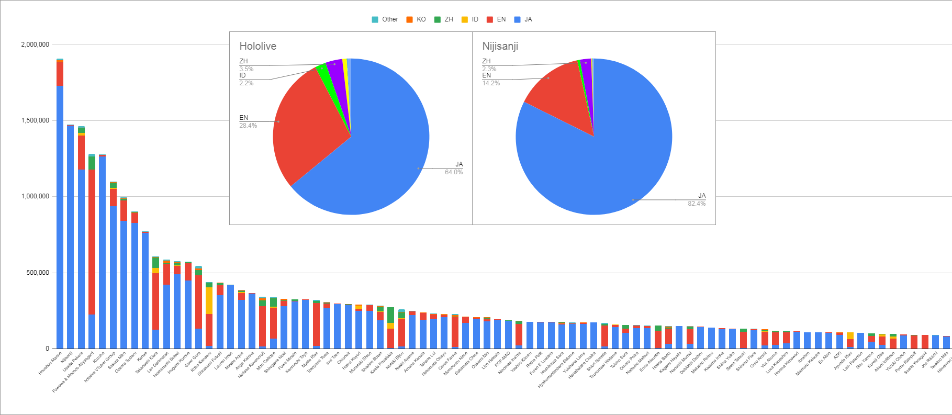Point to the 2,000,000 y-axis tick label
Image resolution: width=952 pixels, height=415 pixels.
point(35,44)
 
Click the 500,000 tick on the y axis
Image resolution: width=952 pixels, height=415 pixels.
point(39,273)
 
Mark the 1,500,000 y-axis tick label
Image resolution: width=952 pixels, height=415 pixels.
point(35,120)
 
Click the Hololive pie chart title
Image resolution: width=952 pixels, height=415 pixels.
point(257,46)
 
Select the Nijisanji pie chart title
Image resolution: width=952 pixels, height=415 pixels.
point(500,46)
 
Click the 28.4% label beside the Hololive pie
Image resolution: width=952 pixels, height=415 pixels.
point(248,126)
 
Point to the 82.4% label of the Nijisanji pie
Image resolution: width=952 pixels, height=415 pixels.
point(696,204)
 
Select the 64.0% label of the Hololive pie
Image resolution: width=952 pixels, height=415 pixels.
point(454,172)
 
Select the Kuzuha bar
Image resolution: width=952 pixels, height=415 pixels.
point(103,251)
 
